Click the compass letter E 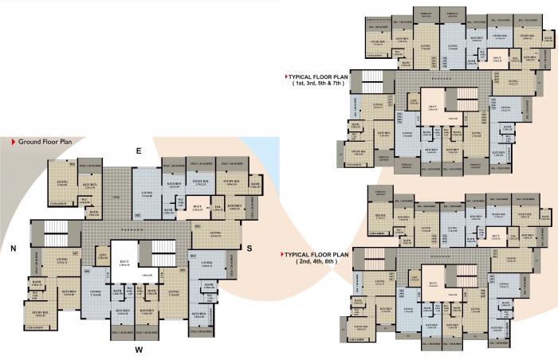tap(138, 151)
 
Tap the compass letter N tap(14, 248)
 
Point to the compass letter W tap(138, 349)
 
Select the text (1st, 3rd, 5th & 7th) tap(318, 83)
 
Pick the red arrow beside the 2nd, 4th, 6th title tap(284, 255)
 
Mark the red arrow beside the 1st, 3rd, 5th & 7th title tap(289, 76)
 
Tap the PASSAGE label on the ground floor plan tap(146, 228)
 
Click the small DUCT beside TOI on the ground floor tap(198, 210)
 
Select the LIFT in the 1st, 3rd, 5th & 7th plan tap(414, 100)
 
